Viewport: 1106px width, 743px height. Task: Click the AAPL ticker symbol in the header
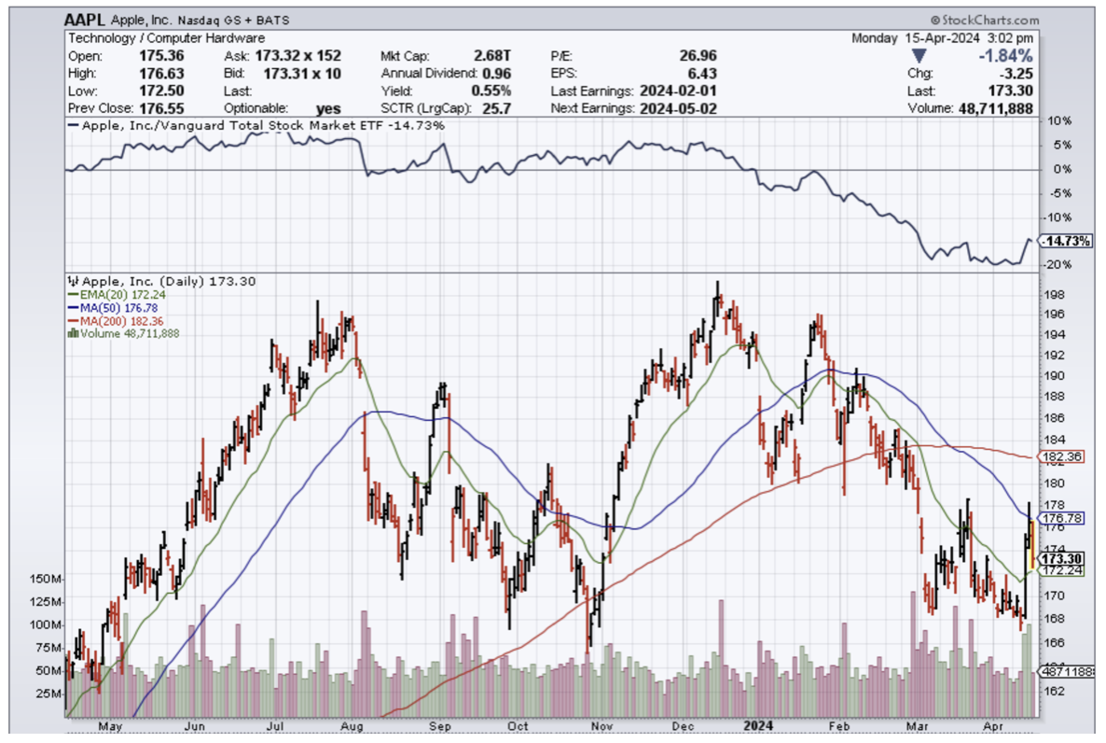pos(84,20)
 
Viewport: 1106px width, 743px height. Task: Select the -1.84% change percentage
pos(1008,55)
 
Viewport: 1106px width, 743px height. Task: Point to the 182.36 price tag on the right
pos(1062,457)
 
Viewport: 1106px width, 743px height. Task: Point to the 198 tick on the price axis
pos(1053,294)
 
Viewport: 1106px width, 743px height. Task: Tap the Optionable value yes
pos(328,108)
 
